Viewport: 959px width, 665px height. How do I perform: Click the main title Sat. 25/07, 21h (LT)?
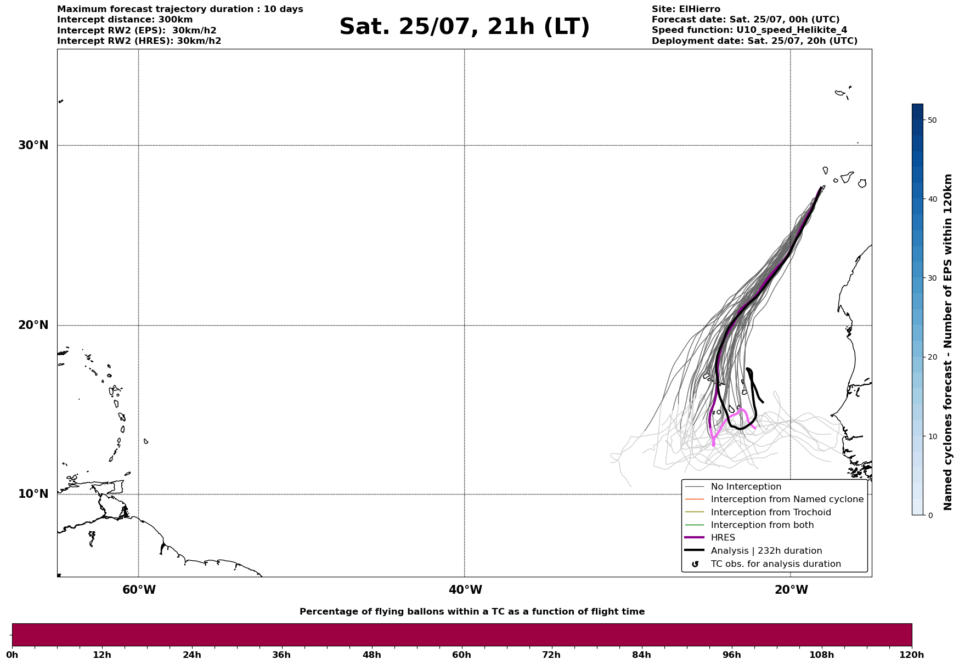click(464, 27)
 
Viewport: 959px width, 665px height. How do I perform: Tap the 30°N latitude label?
click(33, 145)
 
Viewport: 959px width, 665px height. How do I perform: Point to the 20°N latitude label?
click(33, 325)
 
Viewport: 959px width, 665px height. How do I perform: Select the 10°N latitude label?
click(33, 494)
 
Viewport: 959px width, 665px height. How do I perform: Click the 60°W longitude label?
click(139, 590)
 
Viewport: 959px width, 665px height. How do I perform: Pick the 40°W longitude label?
click(465, 590)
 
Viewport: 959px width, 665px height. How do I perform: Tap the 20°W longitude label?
click(791, 590)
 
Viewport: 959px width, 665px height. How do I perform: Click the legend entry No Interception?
click(746, 487)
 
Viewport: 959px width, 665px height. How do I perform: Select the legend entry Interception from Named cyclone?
click(787, 499)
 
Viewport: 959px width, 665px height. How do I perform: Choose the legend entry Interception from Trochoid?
click(771, 513)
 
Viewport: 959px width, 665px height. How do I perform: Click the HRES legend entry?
click(723, 538)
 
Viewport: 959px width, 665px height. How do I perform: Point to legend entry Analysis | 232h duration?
click(766, 551)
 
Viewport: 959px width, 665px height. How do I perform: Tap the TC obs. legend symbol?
click(695, 564)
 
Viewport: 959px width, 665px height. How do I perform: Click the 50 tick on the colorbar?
click(932, 120)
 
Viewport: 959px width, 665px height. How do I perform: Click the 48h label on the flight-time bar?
click(371, 655)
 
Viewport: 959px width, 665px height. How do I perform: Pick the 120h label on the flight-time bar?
click(911, 655)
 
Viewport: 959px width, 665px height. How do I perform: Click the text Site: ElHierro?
click(686, 9)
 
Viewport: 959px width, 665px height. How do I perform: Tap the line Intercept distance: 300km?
click(125, 20)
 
